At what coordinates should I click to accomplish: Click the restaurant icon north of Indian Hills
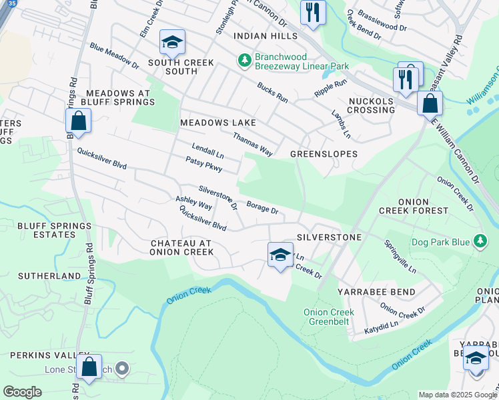coord(313,11)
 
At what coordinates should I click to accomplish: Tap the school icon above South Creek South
coord(171,43)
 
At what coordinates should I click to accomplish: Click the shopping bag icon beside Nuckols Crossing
coord(430,103)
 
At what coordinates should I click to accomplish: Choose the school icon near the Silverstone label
coord(280,254)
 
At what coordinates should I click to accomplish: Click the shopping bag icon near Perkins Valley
coord(89,366)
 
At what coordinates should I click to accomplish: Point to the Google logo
coord(22,392)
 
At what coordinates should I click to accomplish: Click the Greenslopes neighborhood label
coord(324,154)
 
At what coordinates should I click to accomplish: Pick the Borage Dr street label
coord(262,207)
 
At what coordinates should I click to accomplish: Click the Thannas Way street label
coord(252,144)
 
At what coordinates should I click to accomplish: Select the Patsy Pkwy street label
coord(203,164)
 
